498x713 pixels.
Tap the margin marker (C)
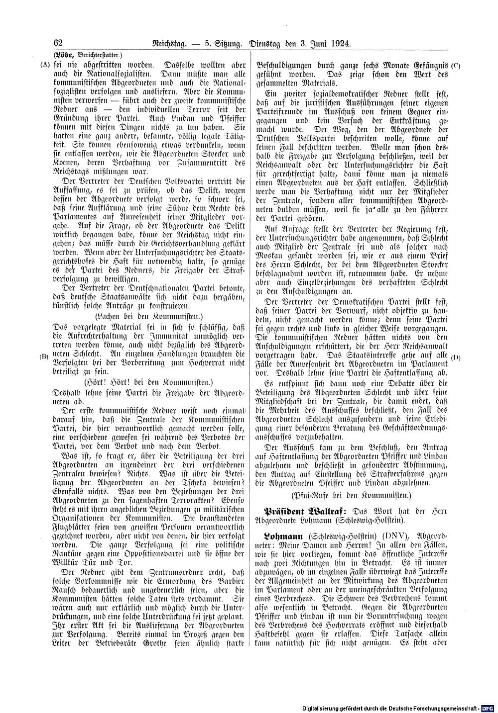[x=455, y=65]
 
